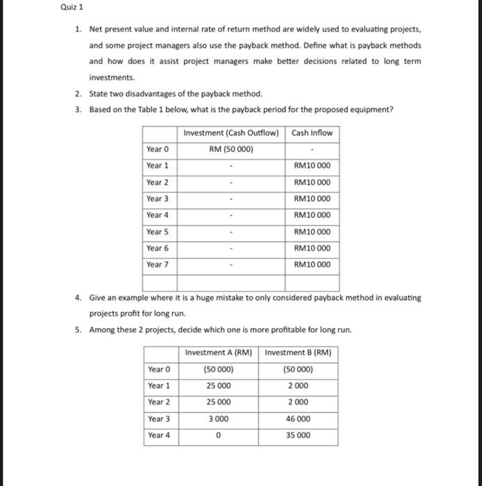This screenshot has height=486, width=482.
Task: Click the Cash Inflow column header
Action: click(x=312, y=133)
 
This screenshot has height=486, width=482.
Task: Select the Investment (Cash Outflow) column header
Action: click(x=231, y=133)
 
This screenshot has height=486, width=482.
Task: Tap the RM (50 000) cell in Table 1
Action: click(x=231, y=149)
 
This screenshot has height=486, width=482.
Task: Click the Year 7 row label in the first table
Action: click(x=157, y=265)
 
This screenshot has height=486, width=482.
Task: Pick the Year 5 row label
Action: click(x=157, y=231)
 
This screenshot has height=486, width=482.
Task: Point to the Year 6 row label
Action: click(x=157, y=248)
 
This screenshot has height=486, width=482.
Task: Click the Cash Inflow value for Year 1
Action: click(x=312, y=165)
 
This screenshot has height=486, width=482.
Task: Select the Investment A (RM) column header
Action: click(x=218, y=353)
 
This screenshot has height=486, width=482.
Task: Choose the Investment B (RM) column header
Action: click(x=298, y=353)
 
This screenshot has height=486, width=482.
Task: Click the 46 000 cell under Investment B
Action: click(x=298, y=419)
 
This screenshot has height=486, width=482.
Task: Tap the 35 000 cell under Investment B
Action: click(x=298, y=435)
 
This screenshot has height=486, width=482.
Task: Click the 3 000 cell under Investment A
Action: click(x=218, y=419)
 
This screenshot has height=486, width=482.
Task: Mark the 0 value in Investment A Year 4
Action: click(x=218, y=436)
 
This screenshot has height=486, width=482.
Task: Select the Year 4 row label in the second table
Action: click(x=159, y=435)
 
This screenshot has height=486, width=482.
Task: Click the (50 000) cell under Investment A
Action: click(x=218, y=369)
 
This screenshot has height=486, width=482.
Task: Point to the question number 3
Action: click(x=78, y=109)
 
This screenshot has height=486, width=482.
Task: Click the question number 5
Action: click(x=78, y=329)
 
